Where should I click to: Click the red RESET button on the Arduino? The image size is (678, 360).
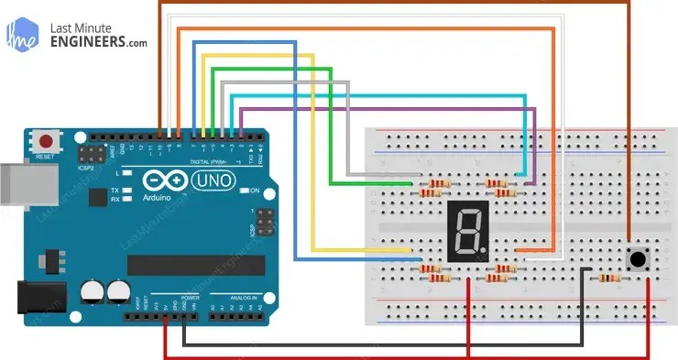[45, 142]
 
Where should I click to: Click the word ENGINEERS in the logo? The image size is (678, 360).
[92, 41]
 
